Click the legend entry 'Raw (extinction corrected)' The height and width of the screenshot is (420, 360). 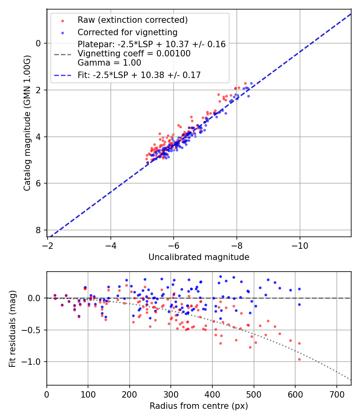(132, 20)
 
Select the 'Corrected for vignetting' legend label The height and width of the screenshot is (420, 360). (128, 32)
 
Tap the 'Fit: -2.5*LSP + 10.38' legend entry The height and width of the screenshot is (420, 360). (139, 75)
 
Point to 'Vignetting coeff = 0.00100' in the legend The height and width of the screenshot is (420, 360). (134, 53)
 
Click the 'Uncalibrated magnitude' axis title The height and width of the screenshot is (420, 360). (199, 257)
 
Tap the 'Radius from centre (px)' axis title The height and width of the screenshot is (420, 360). (199, 406)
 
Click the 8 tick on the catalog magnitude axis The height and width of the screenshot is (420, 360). (38, 230)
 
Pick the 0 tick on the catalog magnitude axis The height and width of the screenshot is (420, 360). (38, 43)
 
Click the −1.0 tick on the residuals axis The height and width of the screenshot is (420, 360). (33, 362)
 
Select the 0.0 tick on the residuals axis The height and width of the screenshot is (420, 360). (35, 298)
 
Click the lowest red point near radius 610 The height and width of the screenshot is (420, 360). (299, 359)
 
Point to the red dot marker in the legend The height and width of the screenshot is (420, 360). (62, 20)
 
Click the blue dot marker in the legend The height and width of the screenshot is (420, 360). (62, 32)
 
